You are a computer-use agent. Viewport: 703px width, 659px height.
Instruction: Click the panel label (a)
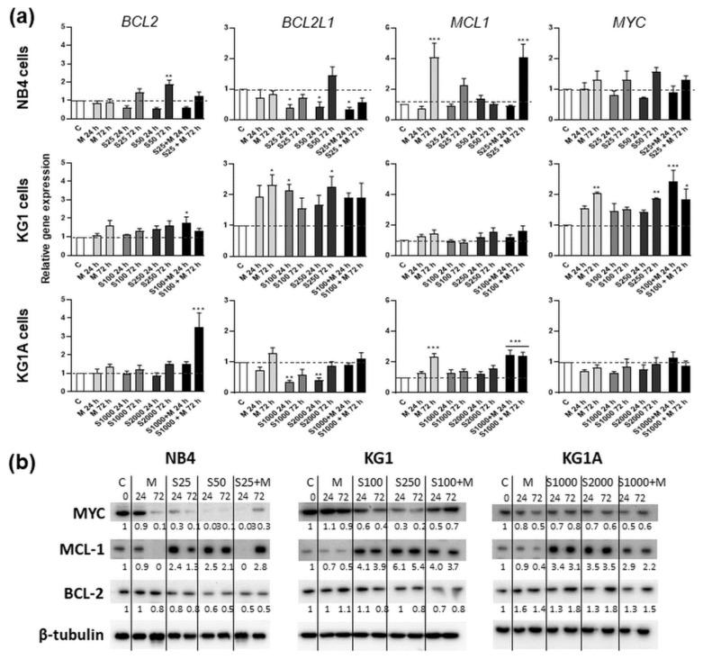[23, 15]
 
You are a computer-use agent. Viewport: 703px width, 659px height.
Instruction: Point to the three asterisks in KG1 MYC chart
[671, 167]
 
